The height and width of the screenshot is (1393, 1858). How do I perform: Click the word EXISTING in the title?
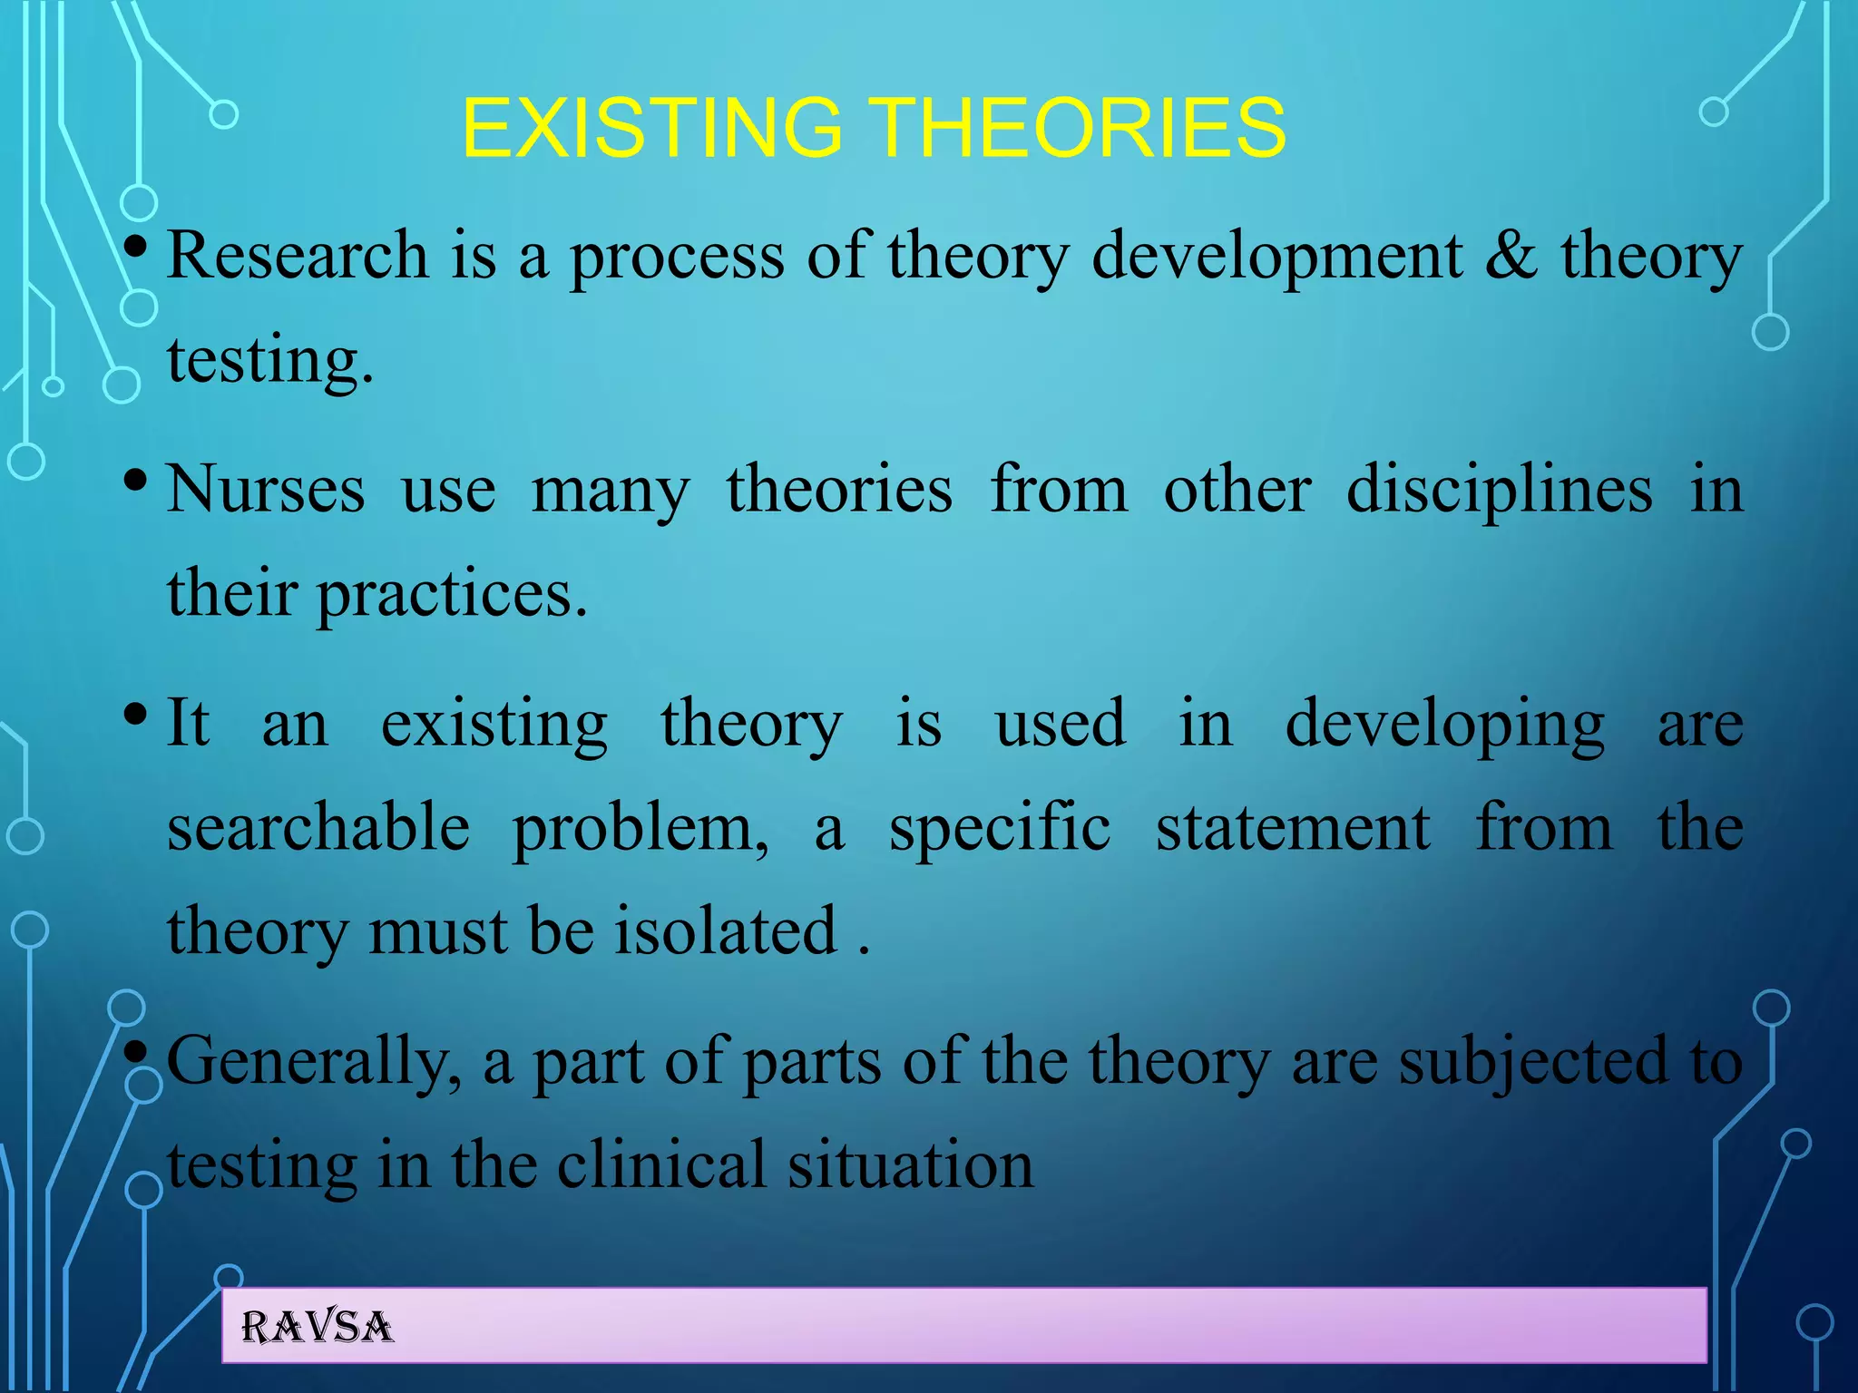click(x=652, y=128)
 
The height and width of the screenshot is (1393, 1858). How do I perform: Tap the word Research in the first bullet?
click(x=298, y=255)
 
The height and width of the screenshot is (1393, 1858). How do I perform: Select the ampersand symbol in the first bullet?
click(x=1511, y=255)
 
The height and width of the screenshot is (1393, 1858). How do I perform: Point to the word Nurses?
click(x=266, y=490)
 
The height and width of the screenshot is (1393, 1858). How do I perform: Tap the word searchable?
click(x=318, y=827)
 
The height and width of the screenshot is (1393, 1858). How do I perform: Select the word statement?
click(x=1293, y=827)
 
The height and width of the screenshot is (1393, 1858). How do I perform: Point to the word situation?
click(x=910, y=1165)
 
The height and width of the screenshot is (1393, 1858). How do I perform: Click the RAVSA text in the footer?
click(x=317, y=1328)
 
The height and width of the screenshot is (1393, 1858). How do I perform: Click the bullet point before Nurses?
click(x=135, y=479)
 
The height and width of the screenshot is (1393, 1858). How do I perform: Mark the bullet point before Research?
click(x=135, y=246)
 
